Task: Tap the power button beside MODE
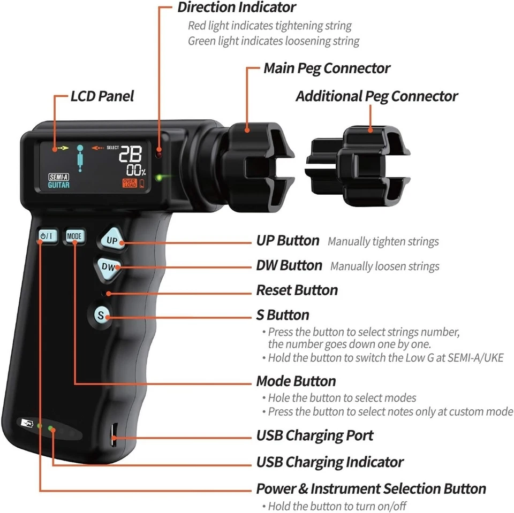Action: click(x=47, y=235)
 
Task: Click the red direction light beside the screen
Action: click(x=158, y=154)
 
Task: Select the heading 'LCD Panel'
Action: click(x=102, y=96)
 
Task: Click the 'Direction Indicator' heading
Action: click(x=236, y=7)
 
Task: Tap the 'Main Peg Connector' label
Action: click(x=327, y=68)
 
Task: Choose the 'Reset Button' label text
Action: click(x=297, y=290)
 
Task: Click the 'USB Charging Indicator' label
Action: click(x=330, y=462)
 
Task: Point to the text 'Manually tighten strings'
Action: click(x=383, y=241)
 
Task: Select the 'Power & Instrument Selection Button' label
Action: click(x=371, y=488)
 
